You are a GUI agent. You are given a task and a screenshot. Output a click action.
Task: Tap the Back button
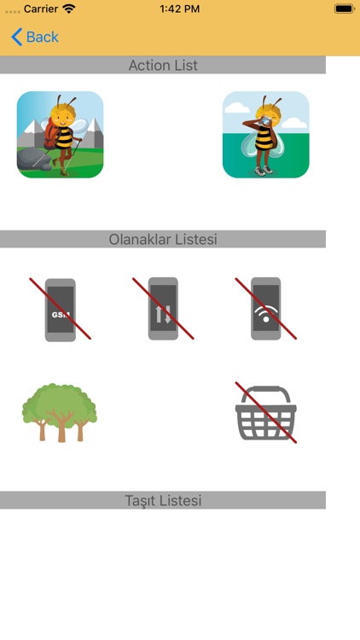pyautogui.click(x=35, y=37)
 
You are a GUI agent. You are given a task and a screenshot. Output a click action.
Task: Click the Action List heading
pyautogui.click(x=163, y=66)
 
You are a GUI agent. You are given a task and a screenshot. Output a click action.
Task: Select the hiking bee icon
pyautogui.click(x=61, y=135)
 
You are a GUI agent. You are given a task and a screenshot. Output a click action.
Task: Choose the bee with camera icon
pyautogui.click(x=266, y=135)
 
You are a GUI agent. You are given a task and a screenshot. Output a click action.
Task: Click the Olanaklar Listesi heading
pyautogui.click(x=163, y=240)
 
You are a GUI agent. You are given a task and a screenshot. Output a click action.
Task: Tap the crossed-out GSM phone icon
pyautogui.click(x=60, y=309)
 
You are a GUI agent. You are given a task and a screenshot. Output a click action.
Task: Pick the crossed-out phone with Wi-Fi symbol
pyautogui.click(x=266, y=309)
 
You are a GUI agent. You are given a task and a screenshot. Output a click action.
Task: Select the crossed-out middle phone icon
pyautogui.click(x=163, y=309)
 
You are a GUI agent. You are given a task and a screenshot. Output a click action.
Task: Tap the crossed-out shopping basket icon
pyautogui.click(x=266, y=415)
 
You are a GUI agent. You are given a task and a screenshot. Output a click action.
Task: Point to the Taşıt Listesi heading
pyautogui.click(x=163, y=501)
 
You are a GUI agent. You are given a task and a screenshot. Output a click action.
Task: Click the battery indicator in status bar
pyautogui.click(x=343, y=9)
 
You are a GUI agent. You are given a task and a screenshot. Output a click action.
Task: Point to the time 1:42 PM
pyautogui.click(x=180, y=9)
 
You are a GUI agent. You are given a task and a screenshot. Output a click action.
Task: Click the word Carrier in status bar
pyautogui.click(x=39, y=9)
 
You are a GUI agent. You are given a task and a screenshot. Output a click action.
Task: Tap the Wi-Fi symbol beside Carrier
pyautogui.click(x=69, y=9)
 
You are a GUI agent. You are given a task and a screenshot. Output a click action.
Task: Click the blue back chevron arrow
pyautogui.click(x=16, y=37)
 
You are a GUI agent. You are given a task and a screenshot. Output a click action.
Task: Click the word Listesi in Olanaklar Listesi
pyautogui.click(x=193, y=240)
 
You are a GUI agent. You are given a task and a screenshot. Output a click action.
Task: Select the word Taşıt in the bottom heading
pyautogui.click(x=142, y=501)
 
